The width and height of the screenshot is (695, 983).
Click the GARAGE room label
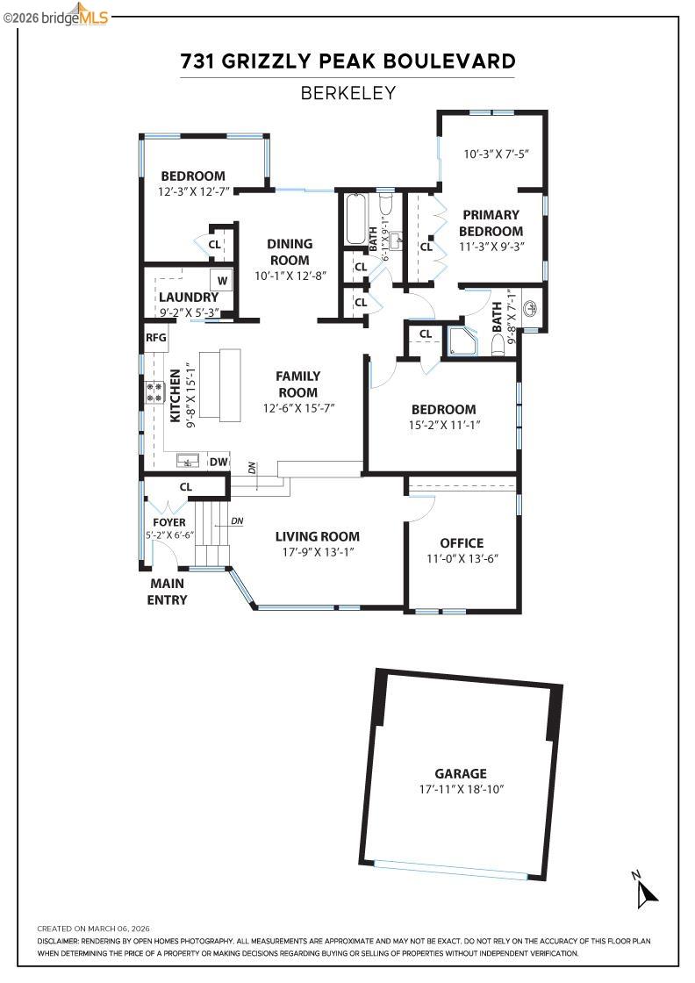click(x=461, y=773)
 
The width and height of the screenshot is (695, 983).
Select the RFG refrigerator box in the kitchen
click(x=155, y=337)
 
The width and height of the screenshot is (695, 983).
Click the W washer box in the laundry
click(x=222, y=281)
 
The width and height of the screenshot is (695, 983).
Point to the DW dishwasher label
click(x=219, y=462)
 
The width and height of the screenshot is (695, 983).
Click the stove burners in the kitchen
click(x=155, y=392)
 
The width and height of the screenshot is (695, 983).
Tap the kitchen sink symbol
click(x=187, y=461)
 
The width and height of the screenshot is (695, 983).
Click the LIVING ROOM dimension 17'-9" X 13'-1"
click(x=317, y=552)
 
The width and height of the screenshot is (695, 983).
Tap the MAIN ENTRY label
click(x=168, y=592)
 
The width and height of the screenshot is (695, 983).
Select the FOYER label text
click(x=169, y=522)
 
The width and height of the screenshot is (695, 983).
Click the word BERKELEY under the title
click(x=348, y=92)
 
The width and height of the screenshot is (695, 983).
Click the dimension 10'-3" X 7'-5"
click(x=496, y=154)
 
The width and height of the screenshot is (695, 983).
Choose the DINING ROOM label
click(x=290, y=252)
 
